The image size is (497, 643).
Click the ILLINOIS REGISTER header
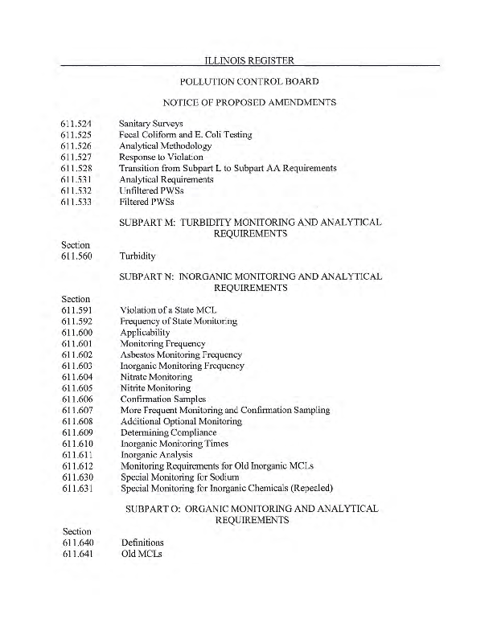[249, 59]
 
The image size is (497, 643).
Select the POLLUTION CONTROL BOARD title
[249, 81]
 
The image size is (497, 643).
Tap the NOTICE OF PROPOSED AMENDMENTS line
[249, 102]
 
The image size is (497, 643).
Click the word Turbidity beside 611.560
[138, 256]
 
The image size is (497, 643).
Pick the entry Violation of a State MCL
[169, 310]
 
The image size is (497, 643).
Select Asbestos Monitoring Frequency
[181, 354]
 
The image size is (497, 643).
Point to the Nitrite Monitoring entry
[155, 388]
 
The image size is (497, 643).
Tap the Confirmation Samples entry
[163, 399]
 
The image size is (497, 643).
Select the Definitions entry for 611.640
[142, 543]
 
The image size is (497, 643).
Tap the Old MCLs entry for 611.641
[141, 554]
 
